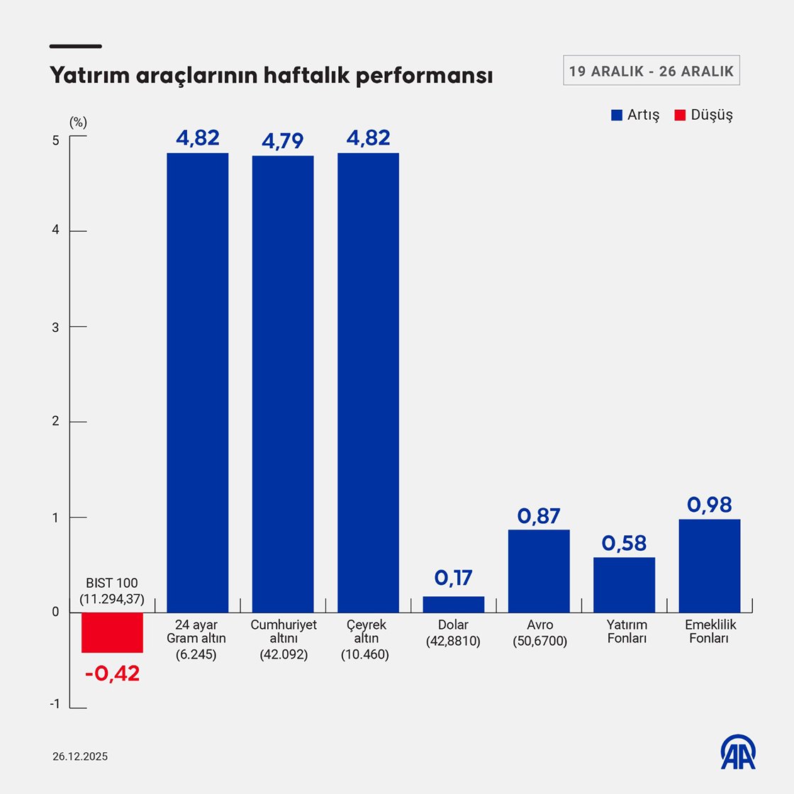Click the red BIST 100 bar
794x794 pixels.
pyautogui.click(x=112, y=632)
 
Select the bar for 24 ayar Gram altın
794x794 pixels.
pyautogui.click(x=197, y=383)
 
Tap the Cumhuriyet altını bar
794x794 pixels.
pyautogui.click(x=283, y=384)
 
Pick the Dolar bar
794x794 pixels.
pyautogui.click(x=454, y=605)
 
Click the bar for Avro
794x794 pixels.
pyautogui.click(x=539, y=571)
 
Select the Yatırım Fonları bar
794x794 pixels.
pyautogui.click(x=624, y=585)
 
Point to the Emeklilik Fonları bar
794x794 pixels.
pyautogui.click(x=709, y=566)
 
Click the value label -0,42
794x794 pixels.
pyautogui.click(x=112, y=673)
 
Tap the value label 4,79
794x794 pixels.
pyautogui.click(x=283, y=141)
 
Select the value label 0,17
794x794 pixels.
pyautogui.click(x=454, y=578)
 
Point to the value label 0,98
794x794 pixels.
pyautogui.click(x=709, y=505)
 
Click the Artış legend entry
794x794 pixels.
pyautogui.click(x=635, y=115)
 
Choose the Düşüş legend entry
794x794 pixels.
pyautogui.click(x=703, y=115)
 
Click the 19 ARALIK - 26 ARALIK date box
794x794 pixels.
pyautogui.click(x=651, y=71)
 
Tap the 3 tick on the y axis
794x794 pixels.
pyautogui.click(x=56, y=327)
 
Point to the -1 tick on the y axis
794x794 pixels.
pyautogui.click(x=55, y=704)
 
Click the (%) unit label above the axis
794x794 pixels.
pyautogui.click(x=78, y=122)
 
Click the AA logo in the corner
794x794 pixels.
pyautogui.click(x=738, y=752)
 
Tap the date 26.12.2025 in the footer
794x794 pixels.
pyautogui.click(x=80, y=756)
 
